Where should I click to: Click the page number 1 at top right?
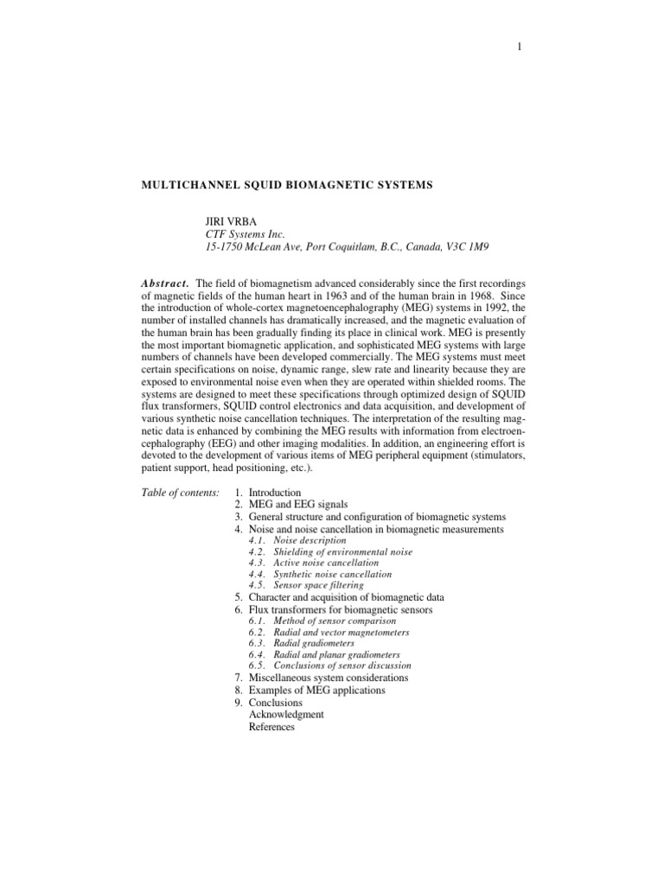519,48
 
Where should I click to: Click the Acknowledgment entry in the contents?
286,715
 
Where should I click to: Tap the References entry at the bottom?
271,727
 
